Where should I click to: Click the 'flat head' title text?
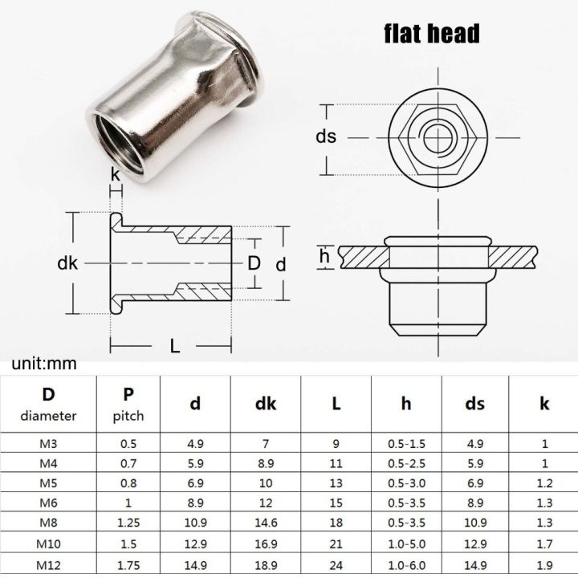(431, 33)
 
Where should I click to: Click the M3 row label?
(48, 442)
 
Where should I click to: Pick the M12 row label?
(48, 567)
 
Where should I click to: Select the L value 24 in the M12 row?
(336, 567)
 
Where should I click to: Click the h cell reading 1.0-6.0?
(405, 567)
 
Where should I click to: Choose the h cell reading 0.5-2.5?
(405, 463)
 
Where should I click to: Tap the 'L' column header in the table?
(336, 404)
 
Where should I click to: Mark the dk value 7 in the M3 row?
(266, 442)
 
